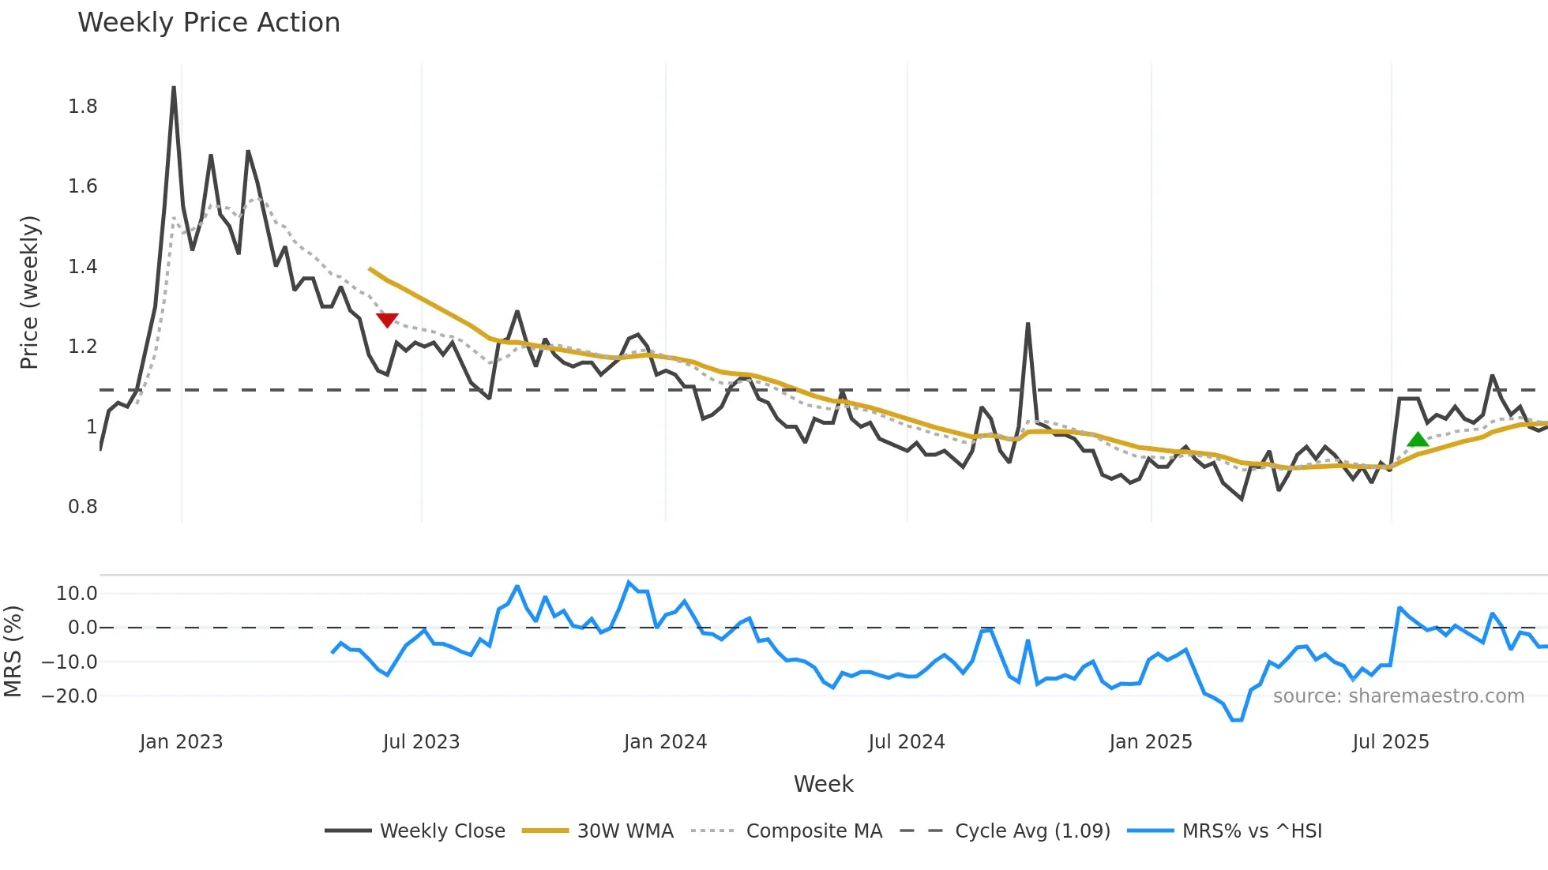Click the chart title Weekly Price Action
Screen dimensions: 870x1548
pos(209,23)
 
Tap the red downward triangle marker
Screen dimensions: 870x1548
pos(387,320)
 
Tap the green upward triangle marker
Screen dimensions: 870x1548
pos(1418,440)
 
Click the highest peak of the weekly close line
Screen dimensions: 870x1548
pos(174,88)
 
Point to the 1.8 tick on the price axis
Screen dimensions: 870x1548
pos(83,107)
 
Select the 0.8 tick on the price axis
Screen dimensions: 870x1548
pos(83,507)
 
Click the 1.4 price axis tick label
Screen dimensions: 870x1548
pos(83,267)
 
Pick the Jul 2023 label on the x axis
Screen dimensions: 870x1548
pos(421,742)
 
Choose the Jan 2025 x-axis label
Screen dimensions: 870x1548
pos(1150,742)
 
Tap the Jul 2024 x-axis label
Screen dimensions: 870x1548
pos(906,742)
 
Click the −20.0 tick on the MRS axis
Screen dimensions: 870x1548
pos(70,696)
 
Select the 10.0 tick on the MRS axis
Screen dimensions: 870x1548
pos(77,594)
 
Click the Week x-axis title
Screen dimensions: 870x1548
pos(823,784)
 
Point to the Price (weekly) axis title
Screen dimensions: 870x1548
pos(29,292)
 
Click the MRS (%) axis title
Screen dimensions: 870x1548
pos(13,651)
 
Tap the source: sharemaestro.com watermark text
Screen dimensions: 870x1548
pos(1398,696)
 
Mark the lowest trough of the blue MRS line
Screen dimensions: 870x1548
pos(1237,720)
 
